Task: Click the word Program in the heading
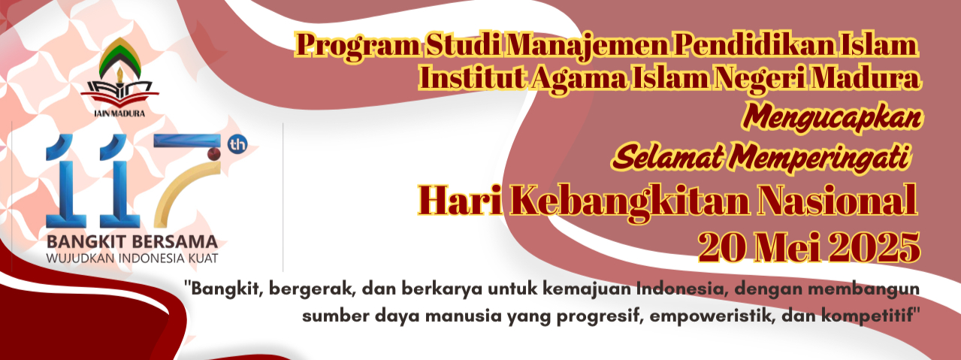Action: [358, 46]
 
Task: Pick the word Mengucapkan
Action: [833, 118]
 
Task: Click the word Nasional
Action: [837, 200]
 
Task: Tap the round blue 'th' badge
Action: [237, 145]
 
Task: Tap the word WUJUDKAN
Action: [80, 259]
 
